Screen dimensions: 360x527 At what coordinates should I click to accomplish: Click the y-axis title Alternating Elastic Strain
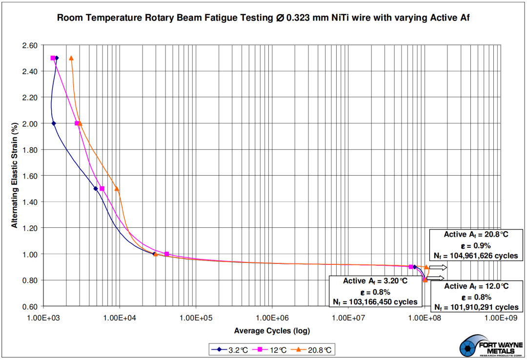click(15, 175)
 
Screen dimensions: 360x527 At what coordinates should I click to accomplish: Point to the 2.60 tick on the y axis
click(30, 45)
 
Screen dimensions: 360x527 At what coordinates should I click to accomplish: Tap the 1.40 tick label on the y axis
click(30, 202)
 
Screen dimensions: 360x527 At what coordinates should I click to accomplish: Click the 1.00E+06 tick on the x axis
click(272, 318)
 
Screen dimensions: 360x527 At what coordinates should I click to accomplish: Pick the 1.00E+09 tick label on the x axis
click(501, 318)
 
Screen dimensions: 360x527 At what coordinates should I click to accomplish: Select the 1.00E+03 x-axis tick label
click(43, 318)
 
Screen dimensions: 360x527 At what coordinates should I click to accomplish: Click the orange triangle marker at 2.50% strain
click(71, 58)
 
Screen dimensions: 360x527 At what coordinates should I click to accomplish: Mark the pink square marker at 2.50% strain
click(53, 58)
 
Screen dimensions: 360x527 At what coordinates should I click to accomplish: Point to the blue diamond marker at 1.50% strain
click(96, 189)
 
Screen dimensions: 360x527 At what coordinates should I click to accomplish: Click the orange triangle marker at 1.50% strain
click(117, 188)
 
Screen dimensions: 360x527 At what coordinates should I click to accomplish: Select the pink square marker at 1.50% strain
click(102, 189)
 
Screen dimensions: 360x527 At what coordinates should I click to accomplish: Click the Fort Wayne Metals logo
click(491, 347)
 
